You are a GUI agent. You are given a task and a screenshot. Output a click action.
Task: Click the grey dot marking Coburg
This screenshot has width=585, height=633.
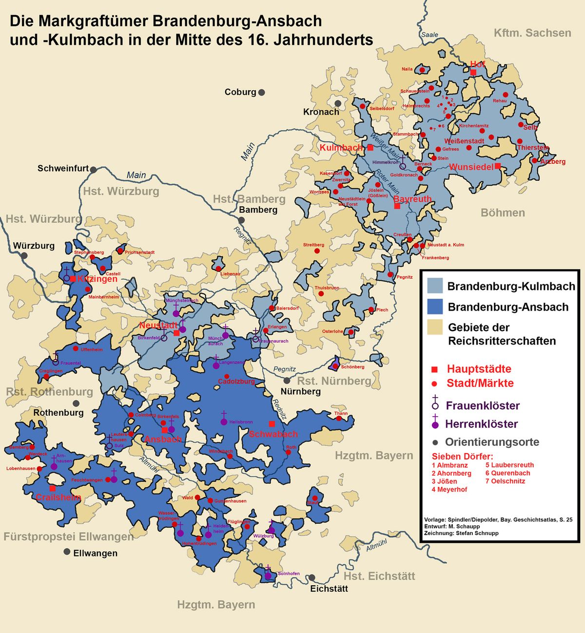pos(262,93)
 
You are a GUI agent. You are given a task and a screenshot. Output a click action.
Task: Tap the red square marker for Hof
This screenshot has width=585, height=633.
pos(473,72)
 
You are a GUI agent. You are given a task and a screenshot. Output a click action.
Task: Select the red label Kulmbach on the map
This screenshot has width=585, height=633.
pos(341,147)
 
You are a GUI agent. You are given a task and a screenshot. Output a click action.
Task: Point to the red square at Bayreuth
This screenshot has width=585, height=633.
pos(397,206)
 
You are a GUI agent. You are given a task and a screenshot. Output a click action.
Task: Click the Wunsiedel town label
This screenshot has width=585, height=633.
pos(471,167)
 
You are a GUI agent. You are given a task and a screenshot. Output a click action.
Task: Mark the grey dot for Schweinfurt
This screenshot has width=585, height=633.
pos(93,170)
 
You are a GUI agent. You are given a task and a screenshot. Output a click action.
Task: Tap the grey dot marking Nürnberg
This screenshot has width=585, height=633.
pos(287,381)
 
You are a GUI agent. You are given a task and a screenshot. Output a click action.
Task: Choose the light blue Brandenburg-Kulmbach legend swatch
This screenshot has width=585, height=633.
pos(434,286)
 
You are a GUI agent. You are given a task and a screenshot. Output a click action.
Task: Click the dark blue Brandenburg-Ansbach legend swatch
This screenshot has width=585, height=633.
pos(434,307)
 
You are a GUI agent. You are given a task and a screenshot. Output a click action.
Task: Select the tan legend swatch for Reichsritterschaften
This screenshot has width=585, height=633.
pos(434,327)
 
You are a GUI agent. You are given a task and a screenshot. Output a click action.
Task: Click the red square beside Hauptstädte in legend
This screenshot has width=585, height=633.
pos(435,369)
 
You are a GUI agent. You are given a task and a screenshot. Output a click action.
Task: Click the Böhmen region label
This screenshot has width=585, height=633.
pos(503,213)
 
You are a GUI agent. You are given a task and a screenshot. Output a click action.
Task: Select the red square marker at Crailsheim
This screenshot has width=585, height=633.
pos(52,488)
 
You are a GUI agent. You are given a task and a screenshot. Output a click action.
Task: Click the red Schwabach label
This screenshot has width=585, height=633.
pos(273,434)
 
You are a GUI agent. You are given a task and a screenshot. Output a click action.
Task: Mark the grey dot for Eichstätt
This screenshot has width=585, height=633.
pos(312,577)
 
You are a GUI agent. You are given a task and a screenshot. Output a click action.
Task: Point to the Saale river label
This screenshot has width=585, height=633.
pos(429,35)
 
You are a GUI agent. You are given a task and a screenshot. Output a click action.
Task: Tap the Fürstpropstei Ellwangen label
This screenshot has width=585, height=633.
pos(68,537)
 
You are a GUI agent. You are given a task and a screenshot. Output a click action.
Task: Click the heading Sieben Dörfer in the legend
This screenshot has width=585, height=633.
pos(462,457)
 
